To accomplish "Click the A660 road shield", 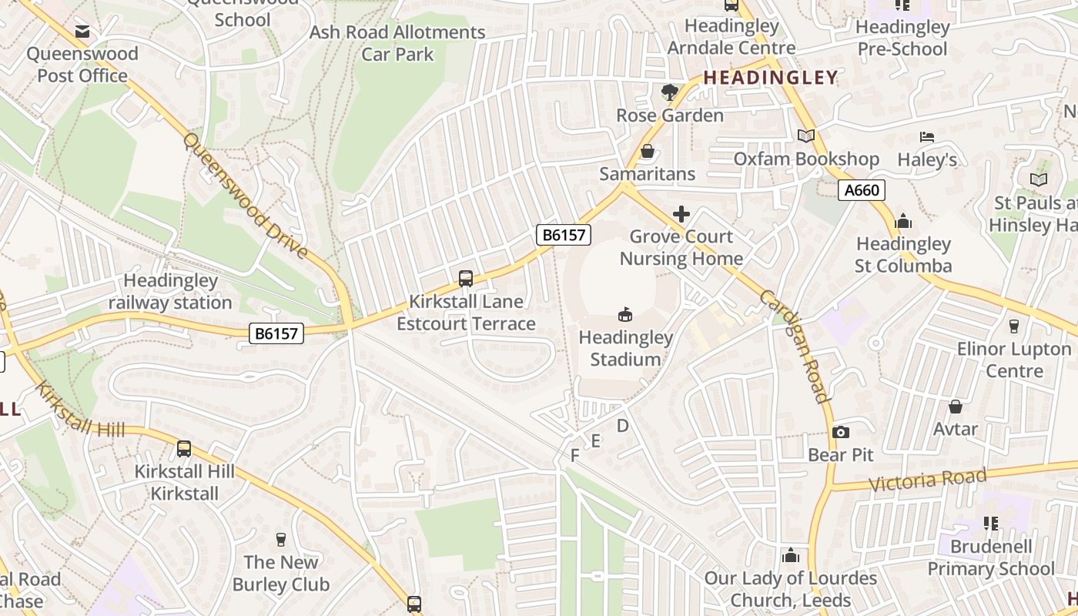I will click(862, 190).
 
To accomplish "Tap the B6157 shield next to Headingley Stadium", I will click(564, 235).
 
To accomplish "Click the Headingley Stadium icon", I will click(625, 314).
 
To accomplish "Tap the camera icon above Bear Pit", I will click(841, 432).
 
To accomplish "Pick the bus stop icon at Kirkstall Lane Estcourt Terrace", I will click(466, 279).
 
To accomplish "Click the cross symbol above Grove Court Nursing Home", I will click(681, 214).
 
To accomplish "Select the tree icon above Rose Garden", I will click(670, 92).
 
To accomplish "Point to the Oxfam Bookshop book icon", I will click(806, 136).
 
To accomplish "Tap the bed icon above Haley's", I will click(927, 137).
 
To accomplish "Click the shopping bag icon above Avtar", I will click(956, 406).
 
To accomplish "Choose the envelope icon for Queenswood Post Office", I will click(82, 32).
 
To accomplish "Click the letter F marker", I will click(574, 456).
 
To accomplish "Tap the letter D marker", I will click(623, 426).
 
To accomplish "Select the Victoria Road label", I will click(928, 480).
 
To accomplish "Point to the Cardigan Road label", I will click(794, 346).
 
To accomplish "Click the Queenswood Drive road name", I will click(246, 196).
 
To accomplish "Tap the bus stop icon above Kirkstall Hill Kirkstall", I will click(183, 449).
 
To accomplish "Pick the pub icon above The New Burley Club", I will click(280, 540).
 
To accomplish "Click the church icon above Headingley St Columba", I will click(903, 222).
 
